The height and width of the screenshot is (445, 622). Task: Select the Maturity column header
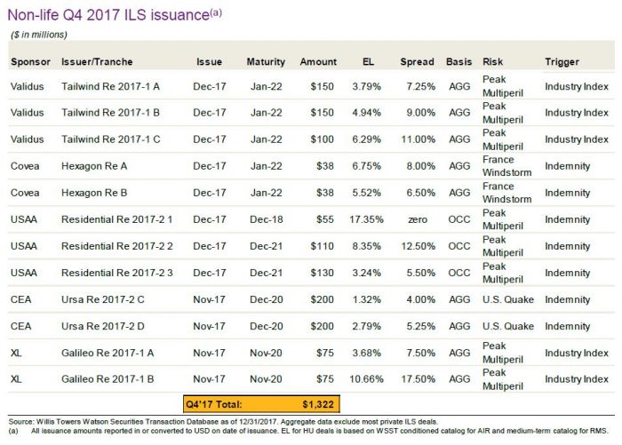tap(267, 62)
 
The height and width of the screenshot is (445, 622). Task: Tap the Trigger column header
tap(562, 62)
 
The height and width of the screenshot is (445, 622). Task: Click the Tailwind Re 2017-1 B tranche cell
tap(111, 114)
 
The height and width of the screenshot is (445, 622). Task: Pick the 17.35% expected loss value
tap(367, 219)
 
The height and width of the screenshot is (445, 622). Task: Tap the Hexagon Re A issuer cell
tap(99, 166)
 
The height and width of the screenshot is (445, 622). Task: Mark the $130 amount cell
tap(323, 272)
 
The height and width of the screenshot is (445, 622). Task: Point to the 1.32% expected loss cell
tap(367, 298)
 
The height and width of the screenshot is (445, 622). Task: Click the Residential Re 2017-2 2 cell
tap(116, 245)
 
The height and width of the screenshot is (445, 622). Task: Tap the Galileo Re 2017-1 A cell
tap(109, 351)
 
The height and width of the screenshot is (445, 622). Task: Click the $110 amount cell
tap(323, 245)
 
